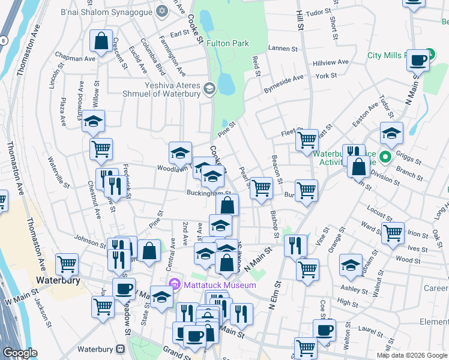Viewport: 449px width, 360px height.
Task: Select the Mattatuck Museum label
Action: pyautogui.click(x=220, y=284)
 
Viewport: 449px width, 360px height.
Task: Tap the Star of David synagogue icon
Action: pyautogui.click(x=161, y=11)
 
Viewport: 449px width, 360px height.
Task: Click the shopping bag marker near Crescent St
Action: pyautogui.click(x=101, y=41)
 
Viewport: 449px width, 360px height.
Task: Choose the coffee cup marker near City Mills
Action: pyautogui.click(x=418, y=59)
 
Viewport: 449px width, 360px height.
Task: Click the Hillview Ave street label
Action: pyautogui.click(x=331, y=62)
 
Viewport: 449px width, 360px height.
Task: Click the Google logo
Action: pyautogui.click(x=20, y=353)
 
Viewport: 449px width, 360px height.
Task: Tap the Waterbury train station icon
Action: pyautogui.click(x=121, y=349)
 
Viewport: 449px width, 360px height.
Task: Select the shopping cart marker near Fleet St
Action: pyautogui.click(x=307, y=140)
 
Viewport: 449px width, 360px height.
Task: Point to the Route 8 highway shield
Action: pyautogui.click(x=4, y=40)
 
